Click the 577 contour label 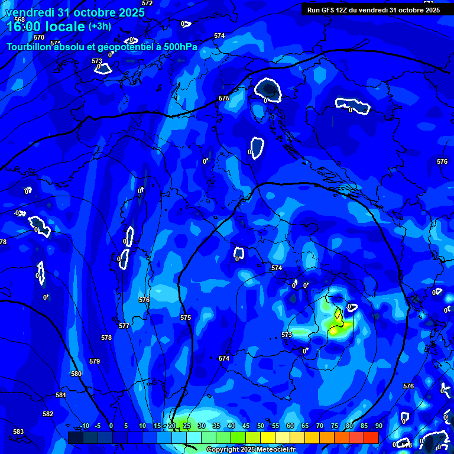click(x=124, y=326)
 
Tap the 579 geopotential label click(x=95, y=361)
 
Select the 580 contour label click(x=76, y=374)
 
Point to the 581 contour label click(x=61, y=395)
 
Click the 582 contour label click(x=48, y=414)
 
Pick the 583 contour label click(x=18, y=432)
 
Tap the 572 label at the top click(x=147, y=3)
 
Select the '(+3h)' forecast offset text click(x=99, y=27)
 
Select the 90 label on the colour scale click(x=379, y=426)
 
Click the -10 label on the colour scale click(x=84, y=426)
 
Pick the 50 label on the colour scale click(x=261, y=426)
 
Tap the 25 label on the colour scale click(x=187, y=426)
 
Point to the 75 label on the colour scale click(x=335, y=426)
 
